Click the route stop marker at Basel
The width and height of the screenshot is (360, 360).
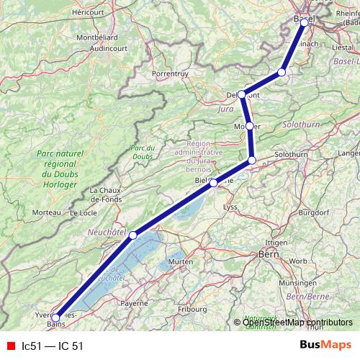(x=304, y=22)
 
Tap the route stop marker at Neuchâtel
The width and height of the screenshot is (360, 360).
(x=132, y=235)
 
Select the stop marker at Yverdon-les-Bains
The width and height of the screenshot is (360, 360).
(x=55, y=318)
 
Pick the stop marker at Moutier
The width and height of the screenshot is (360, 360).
(x=249, y=126)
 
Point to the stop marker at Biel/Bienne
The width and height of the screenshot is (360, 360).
(x=213, y=183)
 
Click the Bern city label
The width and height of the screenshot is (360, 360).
(x=268, y=254)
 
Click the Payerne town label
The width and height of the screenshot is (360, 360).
(x=134, y=303)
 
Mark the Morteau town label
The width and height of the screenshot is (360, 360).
(x=46, y=212)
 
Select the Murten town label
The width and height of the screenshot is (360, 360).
(x=178, y=261)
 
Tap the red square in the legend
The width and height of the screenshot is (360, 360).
(x=11, y=345)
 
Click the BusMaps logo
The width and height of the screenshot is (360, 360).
(x=325, y=345)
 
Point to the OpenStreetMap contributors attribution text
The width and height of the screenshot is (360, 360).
(x=292, y=323)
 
